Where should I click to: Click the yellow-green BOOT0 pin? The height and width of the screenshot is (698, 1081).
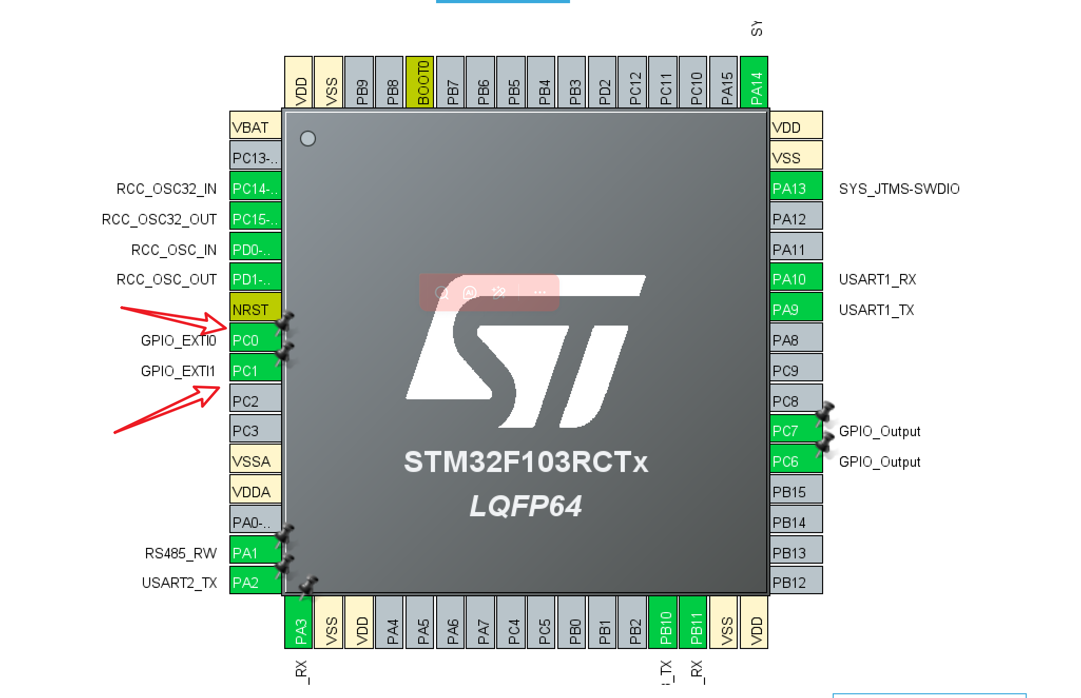420,82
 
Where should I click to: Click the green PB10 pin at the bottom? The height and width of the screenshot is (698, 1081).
663,622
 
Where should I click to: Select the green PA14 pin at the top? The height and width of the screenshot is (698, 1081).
754,82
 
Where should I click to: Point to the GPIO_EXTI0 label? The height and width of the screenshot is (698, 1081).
178,340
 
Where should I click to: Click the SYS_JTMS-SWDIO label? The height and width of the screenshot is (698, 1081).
899,189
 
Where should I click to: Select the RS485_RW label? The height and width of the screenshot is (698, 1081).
180,553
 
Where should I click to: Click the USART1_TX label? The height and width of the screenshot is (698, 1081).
876,310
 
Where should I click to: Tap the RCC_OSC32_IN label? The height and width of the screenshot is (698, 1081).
166,189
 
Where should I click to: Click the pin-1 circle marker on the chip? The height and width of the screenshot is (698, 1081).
308,139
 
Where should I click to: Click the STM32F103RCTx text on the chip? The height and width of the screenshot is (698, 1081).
526,462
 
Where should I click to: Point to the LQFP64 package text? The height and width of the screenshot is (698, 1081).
526,506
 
